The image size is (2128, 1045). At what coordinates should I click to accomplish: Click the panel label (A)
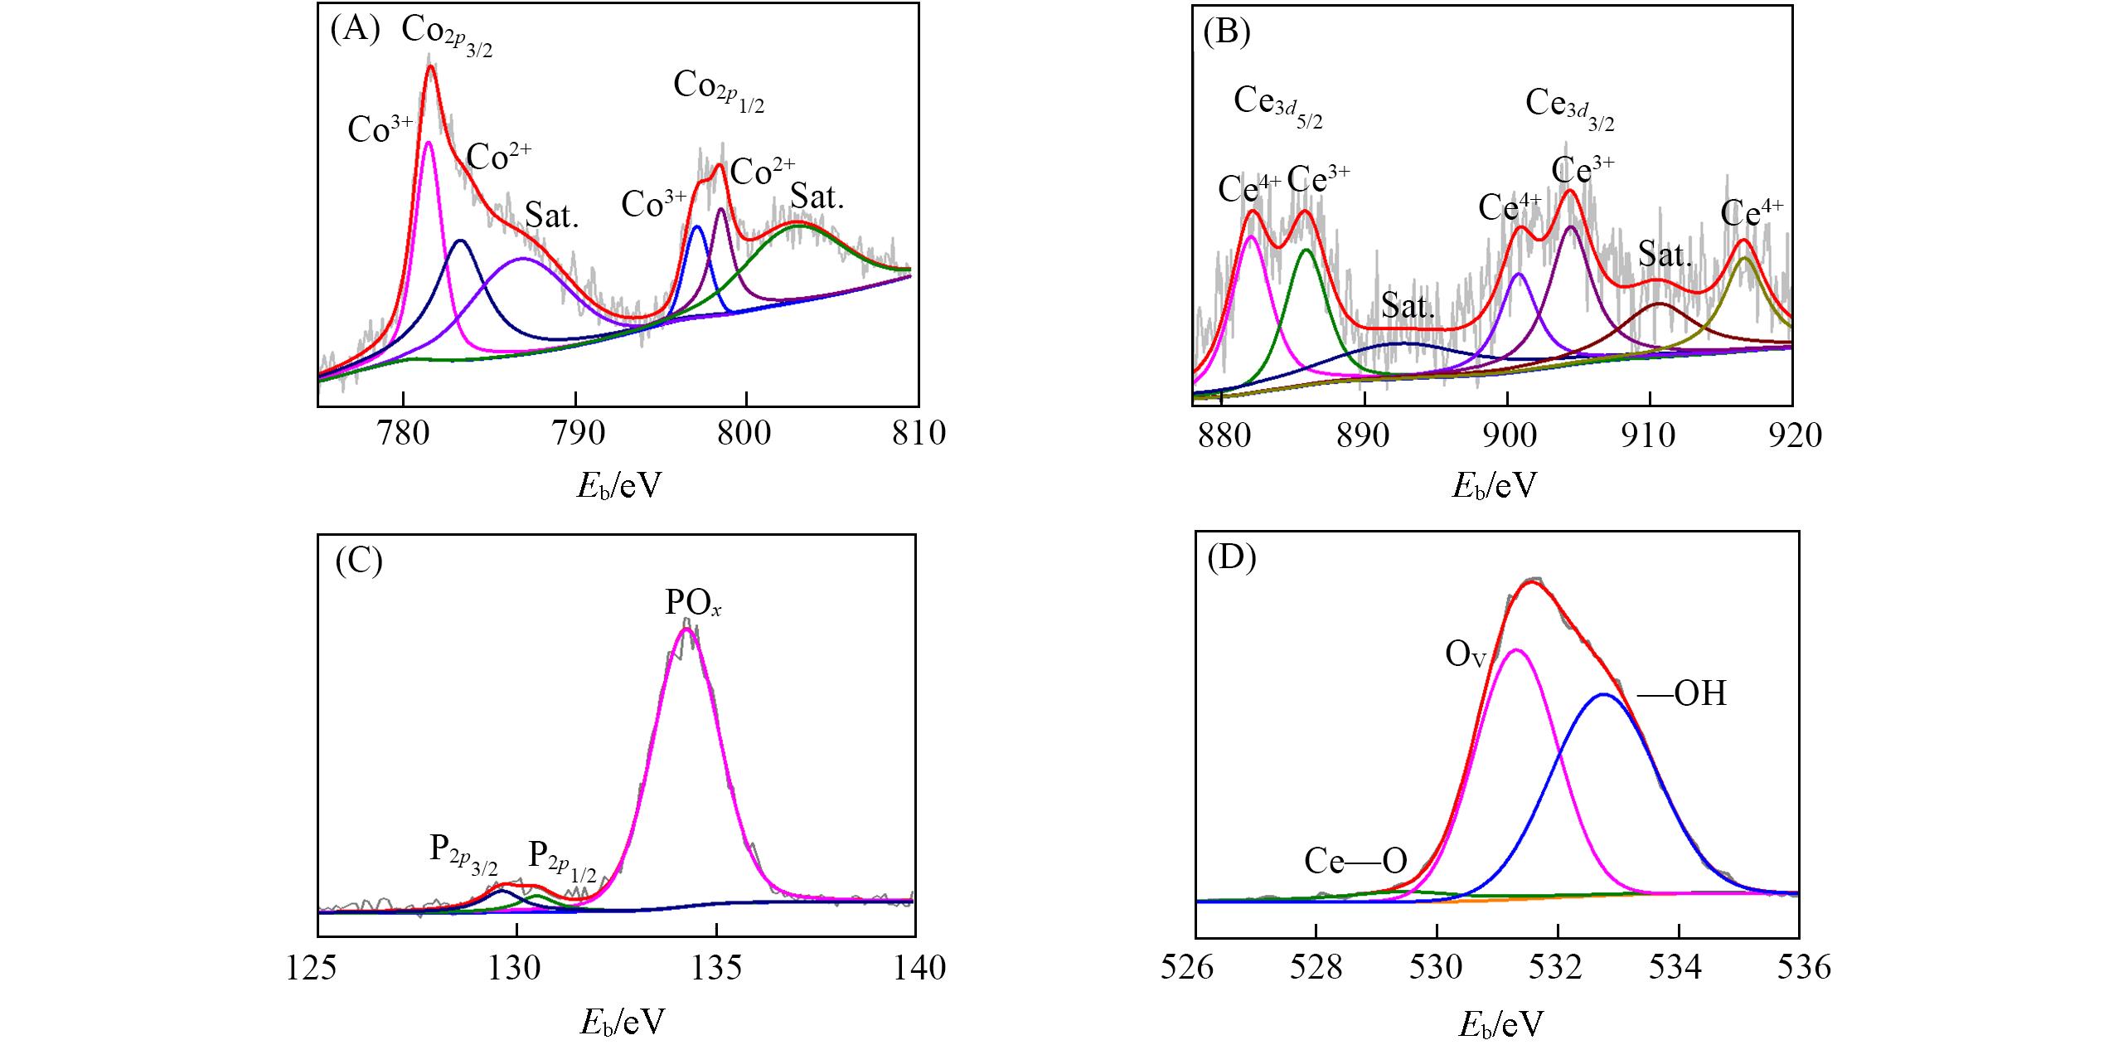coord(355,31)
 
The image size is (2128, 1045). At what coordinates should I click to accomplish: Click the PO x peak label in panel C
coord(693,604)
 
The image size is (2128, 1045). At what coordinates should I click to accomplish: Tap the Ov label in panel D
coord(1465,655)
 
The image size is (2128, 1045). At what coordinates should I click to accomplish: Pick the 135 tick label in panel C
coord(717,968)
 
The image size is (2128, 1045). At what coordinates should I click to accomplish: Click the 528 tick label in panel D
coord(1316,968)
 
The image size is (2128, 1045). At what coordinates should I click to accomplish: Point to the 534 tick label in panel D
coord(1679,968)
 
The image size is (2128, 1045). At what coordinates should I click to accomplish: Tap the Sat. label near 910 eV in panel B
coord(1665,255)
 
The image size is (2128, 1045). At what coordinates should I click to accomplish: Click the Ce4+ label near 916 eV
coord(1752,214)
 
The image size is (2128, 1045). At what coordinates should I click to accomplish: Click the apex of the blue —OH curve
coord(1604,695)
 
